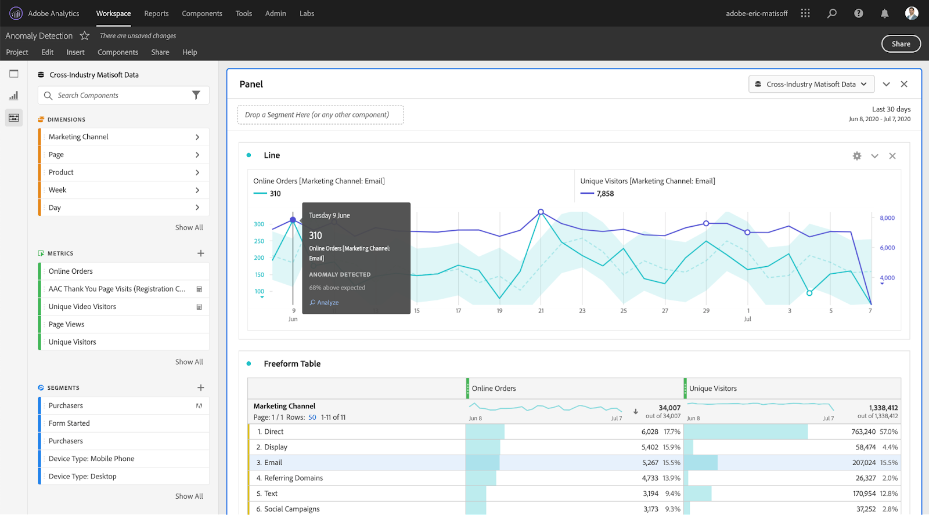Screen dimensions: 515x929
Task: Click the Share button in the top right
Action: [x=901, y=44]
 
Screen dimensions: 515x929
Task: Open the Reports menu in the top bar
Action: [x=156, y=13]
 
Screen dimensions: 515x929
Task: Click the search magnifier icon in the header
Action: [x=832, y=13]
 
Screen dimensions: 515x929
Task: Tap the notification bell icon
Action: [x=884, y=13]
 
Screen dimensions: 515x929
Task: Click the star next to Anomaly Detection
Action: [x=85, y=36]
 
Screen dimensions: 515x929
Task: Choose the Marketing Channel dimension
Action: [x=79, y=137]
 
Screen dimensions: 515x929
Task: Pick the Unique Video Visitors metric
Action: [x=82, y=307]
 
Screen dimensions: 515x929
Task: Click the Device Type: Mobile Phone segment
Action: [x=92, y=459]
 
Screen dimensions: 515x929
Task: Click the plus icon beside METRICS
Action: [x=200, y=253]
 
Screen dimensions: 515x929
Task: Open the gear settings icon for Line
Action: [x=857, y=156]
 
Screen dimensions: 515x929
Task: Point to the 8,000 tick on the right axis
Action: [x=887, y=218]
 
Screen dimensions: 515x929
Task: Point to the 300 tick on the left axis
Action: [x=259, y=224]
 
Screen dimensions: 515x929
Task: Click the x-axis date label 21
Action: [x=541, y=311]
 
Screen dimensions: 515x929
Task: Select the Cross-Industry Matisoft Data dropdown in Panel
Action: [x=811, y=84]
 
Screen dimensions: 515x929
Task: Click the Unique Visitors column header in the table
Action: [x=713, y=389]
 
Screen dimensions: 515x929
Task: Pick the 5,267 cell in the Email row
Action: [x=650, y=463]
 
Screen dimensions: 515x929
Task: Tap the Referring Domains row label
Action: [x=293, y=478]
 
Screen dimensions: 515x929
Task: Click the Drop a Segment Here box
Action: [x=320, y=115]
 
